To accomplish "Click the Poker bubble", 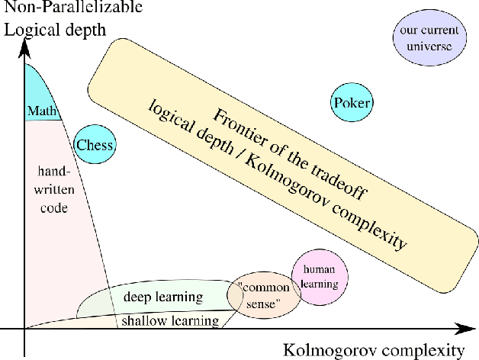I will [352, 103].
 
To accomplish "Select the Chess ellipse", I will [95, 145].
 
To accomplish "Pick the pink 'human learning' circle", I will [320, 276].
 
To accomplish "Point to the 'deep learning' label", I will [162, 297].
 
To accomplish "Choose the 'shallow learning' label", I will [168, 320].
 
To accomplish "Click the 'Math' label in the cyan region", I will [42, 111].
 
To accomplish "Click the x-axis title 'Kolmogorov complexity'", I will [373, 350].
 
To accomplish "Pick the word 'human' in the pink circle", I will [320, 269].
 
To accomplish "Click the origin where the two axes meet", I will [24, 329].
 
